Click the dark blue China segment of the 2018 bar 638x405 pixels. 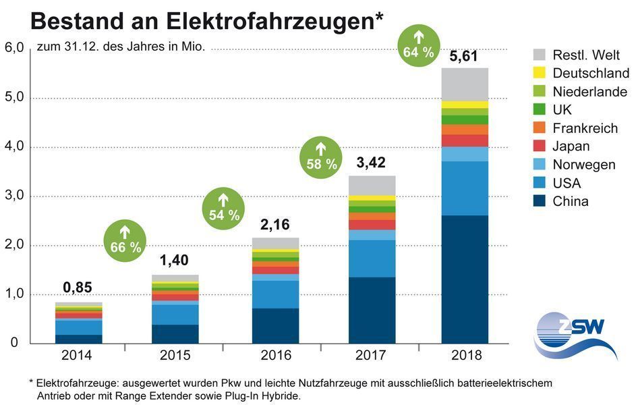click(x=465, y=279)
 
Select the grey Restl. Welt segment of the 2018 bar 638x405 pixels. click(x=465, y=84)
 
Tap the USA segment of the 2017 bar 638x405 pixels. click(x=372, y=259)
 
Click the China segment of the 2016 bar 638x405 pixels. click(x=275, y=326)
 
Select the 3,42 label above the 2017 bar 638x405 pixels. click(x=372, y=163)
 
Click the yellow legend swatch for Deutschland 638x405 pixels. click(x=539, y=73)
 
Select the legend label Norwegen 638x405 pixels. click(x=584, y=165)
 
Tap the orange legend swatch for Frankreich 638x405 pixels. click(x=539, y=128)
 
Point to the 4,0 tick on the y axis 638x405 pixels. click(x=14, y=146)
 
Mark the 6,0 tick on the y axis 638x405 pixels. click(x=14, y=49)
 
